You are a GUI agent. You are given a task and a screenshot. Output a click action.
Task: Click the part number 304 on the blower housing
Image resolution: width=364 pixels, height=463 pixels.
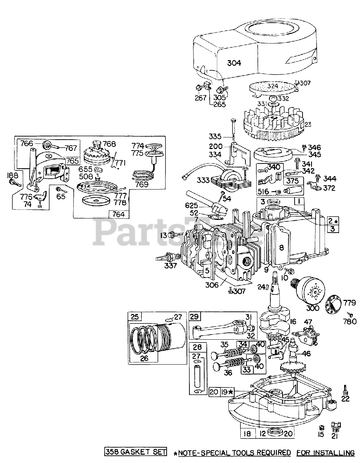pos(234,63)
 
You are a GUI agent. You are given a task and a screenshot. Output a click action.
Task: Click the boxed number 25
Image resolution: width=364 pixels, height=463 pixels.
pos(134,317)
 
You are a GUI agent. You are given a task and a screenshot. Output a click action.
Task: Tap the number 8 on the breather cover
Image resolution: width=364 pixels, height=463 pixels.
pos(282,247)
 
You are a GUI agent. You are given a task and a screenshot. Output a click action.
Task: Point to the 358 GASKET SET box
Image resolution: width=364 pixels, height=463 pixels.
pos(136,452)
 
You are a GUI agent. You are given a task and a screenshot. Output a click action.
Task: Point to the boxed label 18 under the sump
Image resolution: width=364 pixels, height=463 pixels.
pos(248,434)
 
